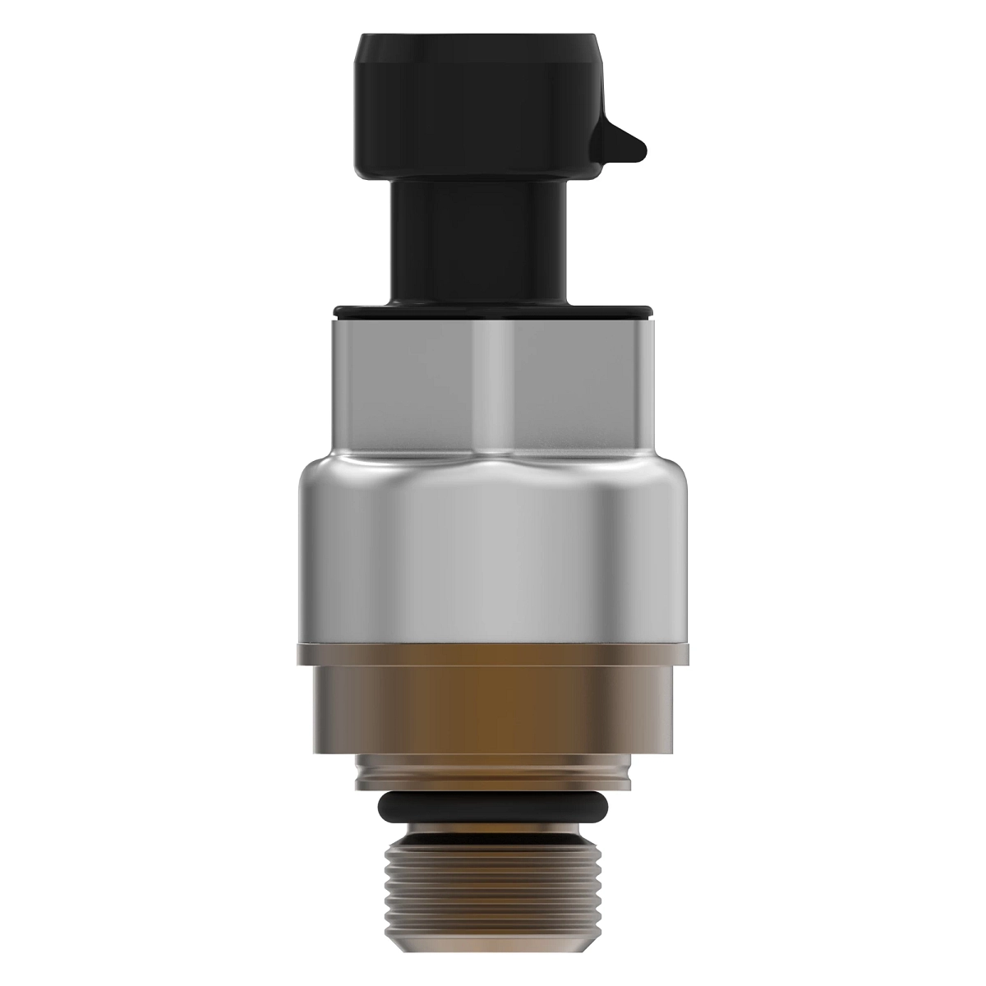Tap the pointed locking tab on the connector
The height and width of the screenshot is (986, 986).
click(x=624, y=148)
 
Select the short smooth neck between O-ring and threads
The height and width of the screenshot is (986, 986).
click(x=493, y=827)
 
